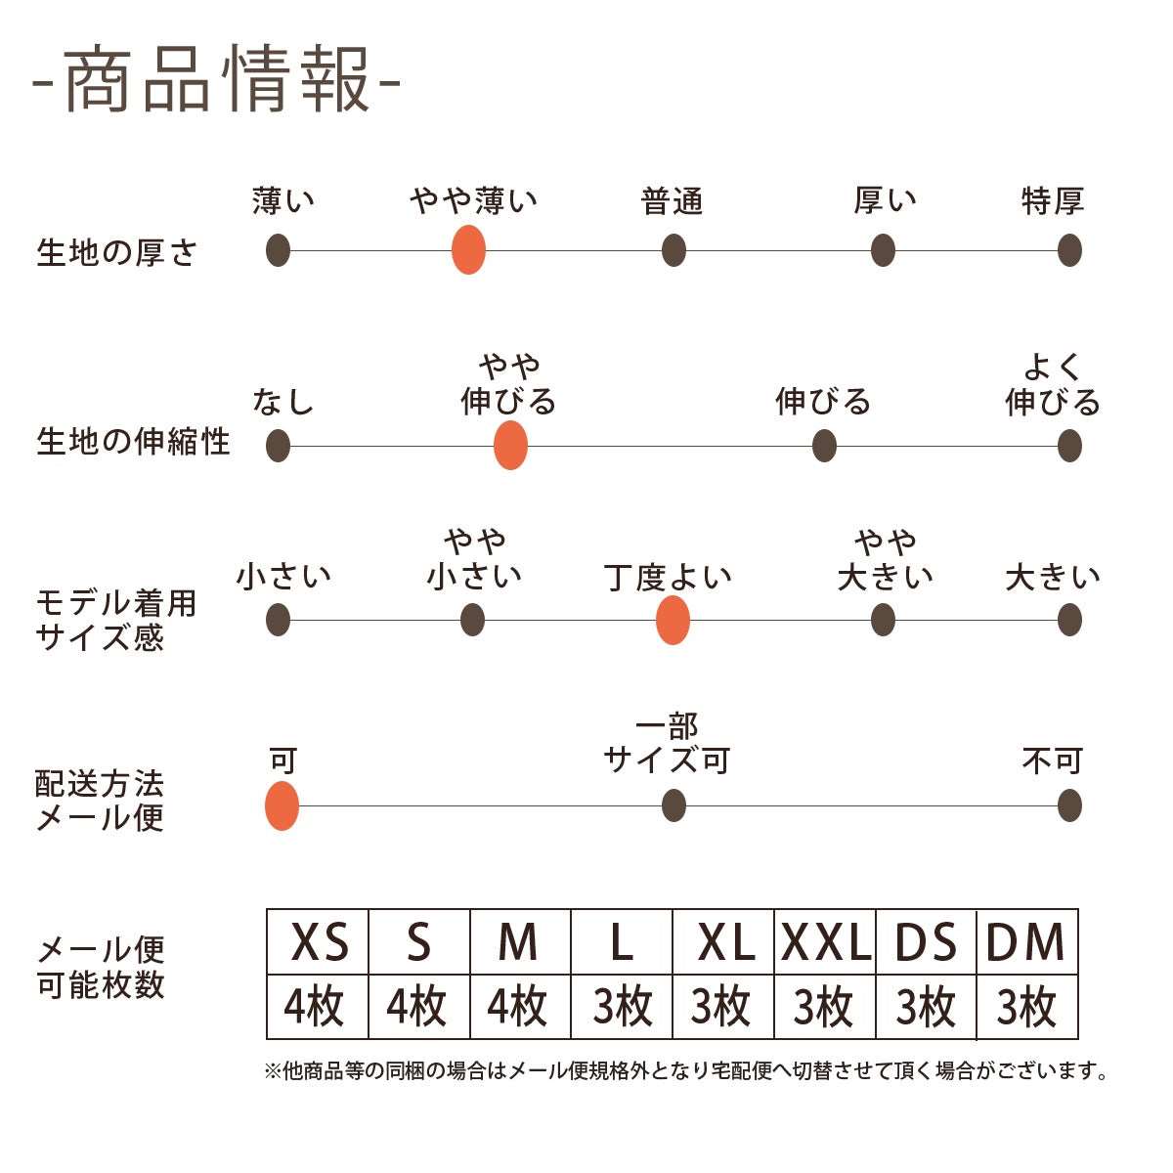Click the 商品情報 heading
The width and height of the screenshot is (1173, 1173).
(x=216, y=80)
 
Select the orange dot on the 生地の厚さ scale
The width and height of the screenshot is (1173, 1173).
(x=469, y=249)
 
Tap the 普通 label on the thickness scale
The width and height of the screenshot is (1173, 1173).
(x=673, y=201)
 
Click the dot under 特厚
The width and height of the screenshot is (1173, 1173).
(x=1069, y=250)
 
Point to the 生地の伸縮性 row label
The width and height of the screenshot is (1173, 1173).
(x=133, y=442)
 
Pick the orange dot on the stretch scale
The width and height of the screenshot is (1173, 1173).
(x=510, y=446)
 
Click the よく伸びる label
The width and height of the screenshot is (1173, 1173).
(x=1053, y=385)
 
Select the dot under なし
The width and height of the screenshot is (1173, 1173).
(x=278, y=446)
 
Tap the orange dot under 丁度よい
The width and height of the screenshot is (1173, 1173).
(x=673, y=620)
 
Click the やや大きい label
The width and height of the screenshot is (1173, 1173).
(x=885, y=559)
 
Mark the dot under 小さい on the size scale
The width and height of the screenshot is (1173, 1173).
(x=278, y=620)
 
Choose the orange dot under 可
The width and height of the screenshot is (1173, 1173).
(x=282, y=806)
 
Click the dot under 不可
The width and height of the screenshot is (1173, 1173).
(x=1069, y=806)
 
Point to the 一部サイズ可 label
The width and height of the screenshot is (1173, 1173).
(x=668, y=744)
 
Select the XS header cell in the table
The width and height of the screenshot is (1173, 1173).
(x=319, y=942)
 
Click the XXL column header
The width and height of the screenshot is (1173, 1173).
(x=826, y=942)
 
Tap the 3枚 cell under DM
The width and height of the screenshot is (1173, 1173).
(x=1026, y=1007)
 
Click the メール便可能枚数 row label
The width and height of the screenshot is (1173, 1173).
(x=101, y=967)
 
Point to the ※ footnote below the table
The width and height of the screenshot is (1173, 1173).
(x=687, y=1072)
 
